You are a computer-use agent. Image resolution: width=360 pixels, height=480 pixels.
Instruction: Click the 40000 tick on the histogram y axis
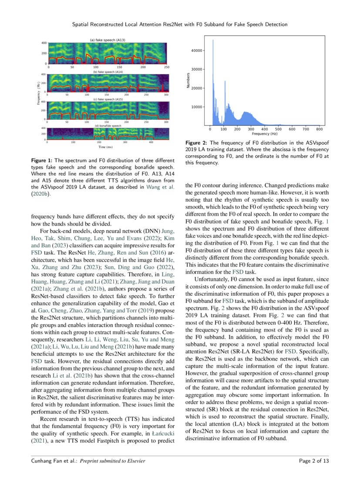click(x=197, y=51)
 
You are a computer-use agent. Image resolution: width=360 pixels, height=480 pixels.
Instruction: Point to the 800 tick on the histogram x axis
click(x=319, y=129)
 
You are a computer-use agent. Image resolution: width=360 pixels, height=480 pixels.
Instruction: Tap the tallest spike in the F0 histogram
click(x=213, y=40)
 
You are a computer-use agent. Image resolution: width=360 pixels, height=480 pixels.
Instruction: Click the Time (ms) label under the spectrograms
click(x=108, y=147)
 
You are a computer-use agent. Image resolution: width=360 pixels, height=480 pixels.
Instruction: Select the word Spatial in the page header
click(x=82, y=24)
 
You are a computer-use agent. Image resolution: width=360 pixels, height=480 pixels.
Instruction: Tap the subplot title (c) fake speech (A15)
click(x=108, y=99)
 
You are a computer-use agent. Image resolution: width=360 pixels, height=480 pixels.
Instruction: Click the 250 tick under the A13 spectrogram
click(x=167, y=68)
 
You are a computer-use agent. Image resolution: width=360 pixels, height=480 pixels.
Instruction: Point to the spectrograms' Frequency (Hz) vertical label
click(x=39, y=94)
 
